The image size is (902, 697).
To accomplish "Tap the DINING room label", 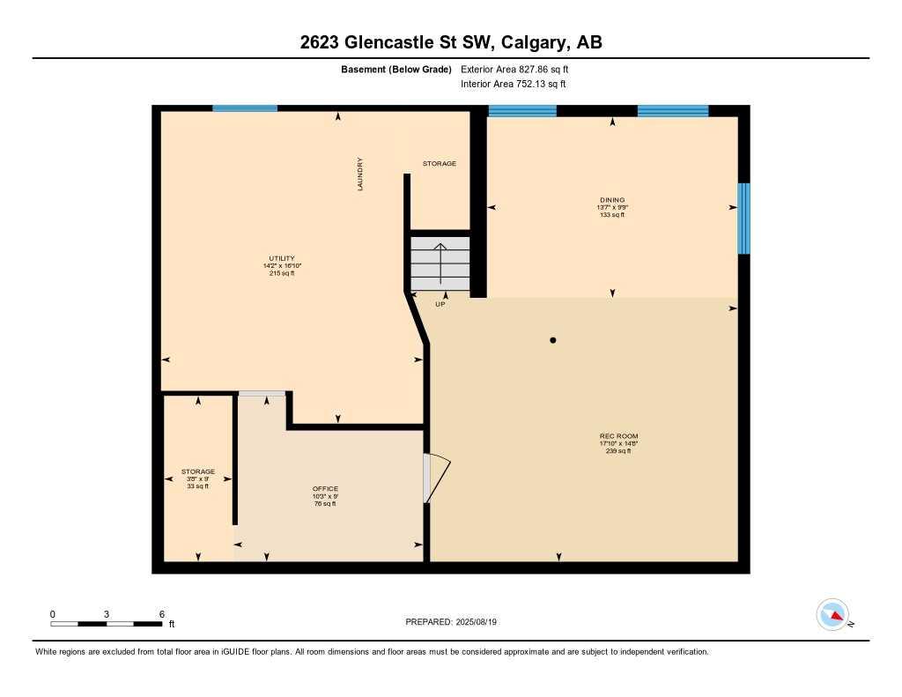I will (x=611, y=200).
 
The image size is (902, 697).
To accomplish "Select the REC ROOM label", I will (x=618, y=436).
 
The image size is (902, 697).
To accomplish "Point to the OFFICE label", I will (x=325, y=489).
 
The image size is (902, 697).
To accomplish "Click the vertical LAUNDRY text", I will (x=360, y=174).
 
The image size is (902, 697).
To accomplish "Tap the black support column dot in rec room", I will (x=553, y=340).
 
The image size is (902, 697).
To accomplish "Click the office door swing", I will (x=436, y=478).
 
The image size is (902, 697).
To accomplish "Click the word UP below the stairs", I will (x=440, y=304).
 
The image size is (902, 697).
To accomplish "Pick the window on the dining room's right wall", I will (x=743, y=218).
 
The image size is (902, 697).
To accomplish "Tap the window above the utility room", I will (x=245, y=108).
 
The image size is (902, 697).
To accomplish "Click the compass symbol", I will (x=832, y=614).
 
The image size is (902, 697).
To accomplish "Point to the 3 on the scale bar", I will (x=107, y=614).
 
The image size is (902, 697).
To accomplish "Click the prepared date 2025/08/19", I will (x=483, y=622).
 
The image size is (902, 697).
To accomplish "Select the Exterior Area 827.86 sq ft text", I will (x=515, y=69).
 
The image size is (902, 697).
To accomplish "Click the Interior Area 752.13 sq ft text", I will (x=513, y=84).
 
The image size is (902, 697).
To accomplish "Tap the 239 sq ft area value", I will (x=618, y=451).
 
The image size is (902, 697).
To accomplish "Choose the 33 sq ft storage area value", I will (x=198, y=486).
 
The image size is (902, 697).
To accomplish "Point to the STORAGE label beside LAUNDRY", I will (x=440, y=164).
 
